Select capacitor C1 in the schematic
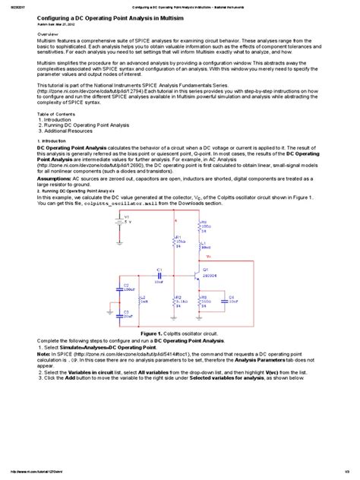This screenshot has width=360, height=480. [159, 274]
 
